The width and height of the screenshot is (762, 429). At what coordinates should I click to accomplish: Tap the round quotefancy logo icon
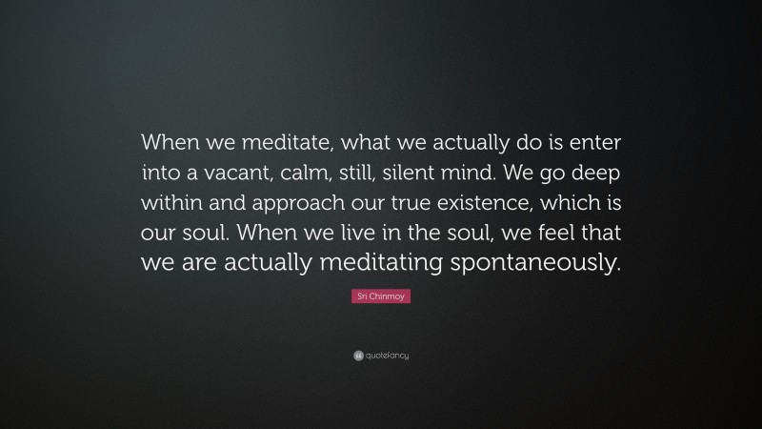pos(358,356)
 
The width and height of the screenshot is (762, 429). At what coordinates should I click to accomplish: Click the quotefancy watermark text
pos(388,356)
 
